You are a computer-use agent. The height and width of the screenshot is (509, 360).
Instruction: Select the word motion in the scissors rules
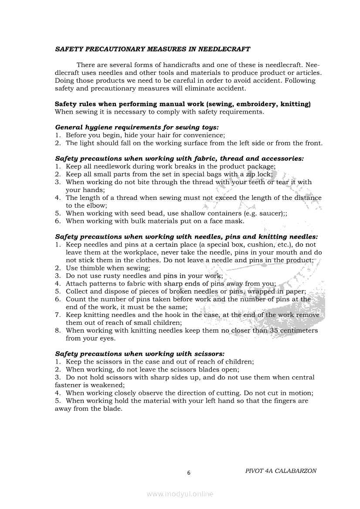300,393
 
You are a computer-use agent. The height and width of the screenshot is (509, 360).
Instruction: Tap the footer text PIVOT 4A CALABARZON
281,471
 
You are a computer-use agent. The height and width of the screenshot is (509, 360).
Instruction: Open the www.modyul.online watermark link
180,494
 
